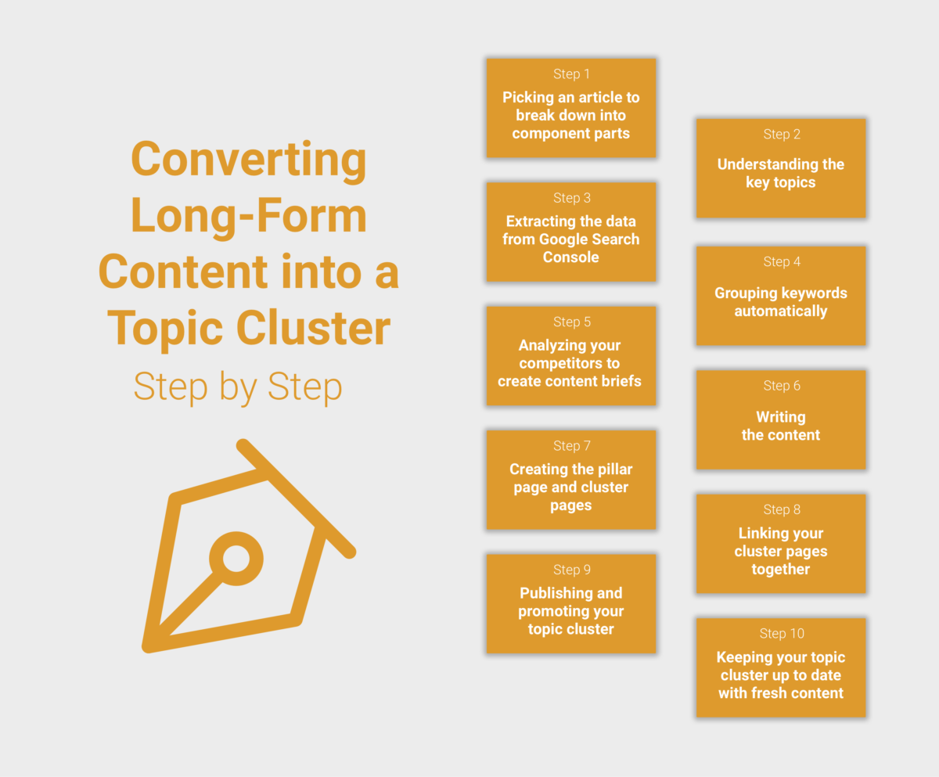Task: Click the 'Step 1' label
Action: (x=571, y=74)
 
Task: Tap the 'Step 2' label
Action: (x=782, y=135)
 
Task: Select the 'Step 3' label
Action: (x=571, y=198)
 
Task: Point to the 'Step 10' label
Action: (x=782, y=634)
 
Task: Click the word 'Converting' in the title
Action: (x=249, y=160)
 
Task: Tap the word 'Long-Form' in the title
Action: (x=249, y=216)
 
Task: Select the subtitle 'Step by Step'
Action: (x=238, y=387)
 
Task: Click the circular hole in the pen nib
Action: (x=236, y=559)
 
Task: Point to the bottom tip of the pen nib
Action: (x=146, y=646)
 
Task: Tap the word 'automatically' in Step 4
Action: (x=781, y=311)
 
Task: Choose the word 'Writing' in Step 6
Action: (x=781, y=417)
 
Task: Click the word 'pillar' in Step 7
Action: (x=613, y=469)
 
